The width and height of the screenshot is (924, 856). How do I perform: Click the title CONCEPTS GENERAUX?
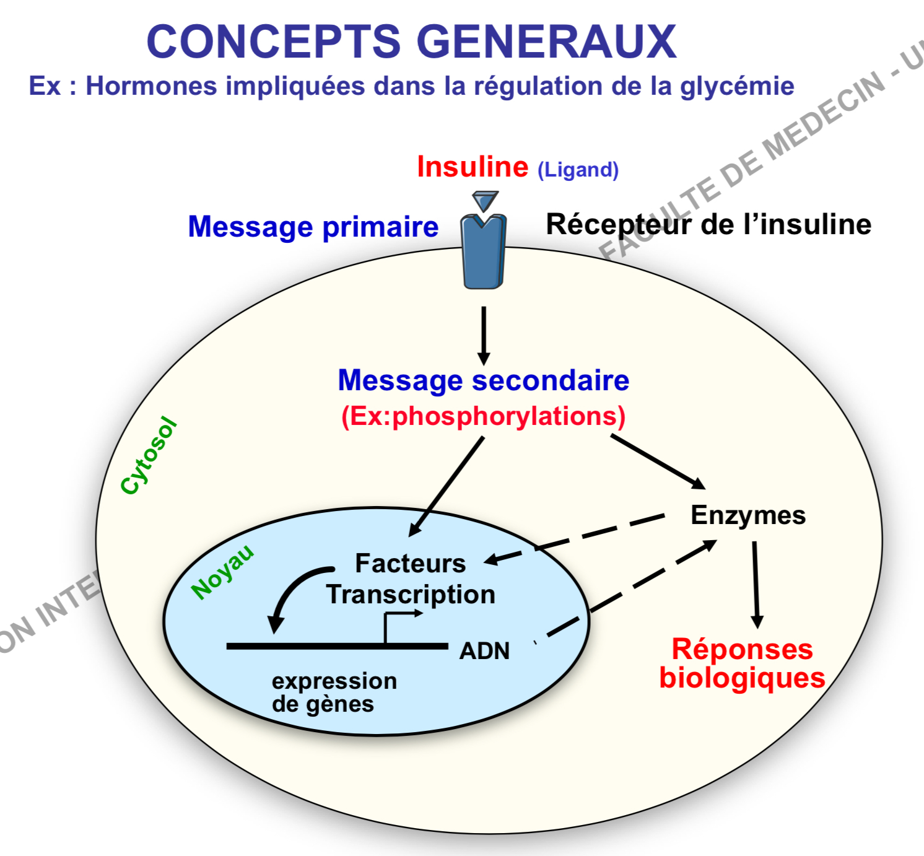tap(411, 42)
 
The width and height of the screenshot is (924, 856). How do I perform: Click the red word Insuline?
tap(473, 167)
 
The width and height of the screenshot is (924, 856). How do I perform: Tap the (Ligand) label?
tap(578, 170)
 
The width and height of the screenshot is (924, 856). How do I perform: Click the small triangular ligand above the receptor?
tap(485, 201)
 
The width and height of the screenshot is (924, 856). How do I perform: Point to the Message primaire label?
tap(313, 227)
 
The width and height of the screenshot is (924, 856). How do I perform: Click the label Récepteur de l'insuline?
tap(708, 224)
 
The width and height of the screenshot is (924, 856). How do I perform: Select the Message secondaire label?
tap(483, 380)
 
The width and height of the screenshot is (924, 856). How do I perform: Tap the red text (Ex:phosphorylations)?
tap(483, 416)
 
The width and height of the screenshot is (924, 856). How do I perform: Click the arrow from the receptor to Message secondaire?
tap(484, 334)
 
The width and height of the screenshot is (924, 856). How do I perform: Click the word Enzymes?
tap(747, 515)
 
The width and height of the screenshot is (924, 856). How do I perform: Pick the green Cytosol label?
tap(149, 456)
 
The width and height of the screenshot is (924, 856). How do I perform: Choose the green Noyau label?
tap(222, 572)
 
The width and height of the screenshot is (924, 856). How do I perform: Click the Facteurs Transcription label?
tap(411, 579)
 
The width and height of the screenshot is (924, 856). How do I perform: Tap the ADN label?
tap(484, 651)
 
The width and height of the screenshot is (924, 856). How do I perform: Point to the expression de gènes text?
tap(333, 692)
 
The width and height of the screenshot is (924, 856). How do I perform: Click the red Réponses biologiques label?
tap(742, 663)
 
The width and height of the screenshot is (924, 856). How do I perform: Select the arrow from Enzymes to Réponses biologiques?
tap(756, 584)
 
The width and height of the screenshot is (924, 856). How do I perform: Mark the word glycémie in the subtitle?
tap(737, 86)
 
